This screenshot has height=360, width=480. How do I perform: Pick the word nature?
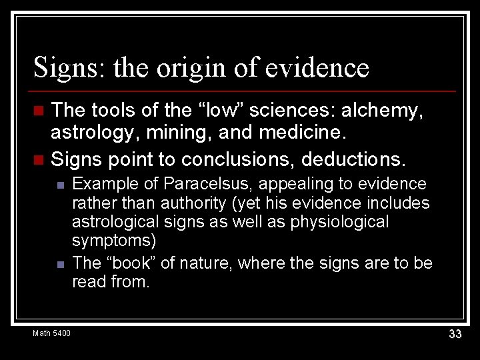(203, 263)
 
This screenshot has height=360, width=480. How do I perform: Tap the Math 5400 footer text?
(51, 333)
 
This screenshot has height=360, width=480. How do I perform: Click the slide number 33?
(455, 334)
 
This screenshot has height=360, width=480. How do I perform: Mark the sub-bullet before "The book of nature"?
(59, 264)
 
